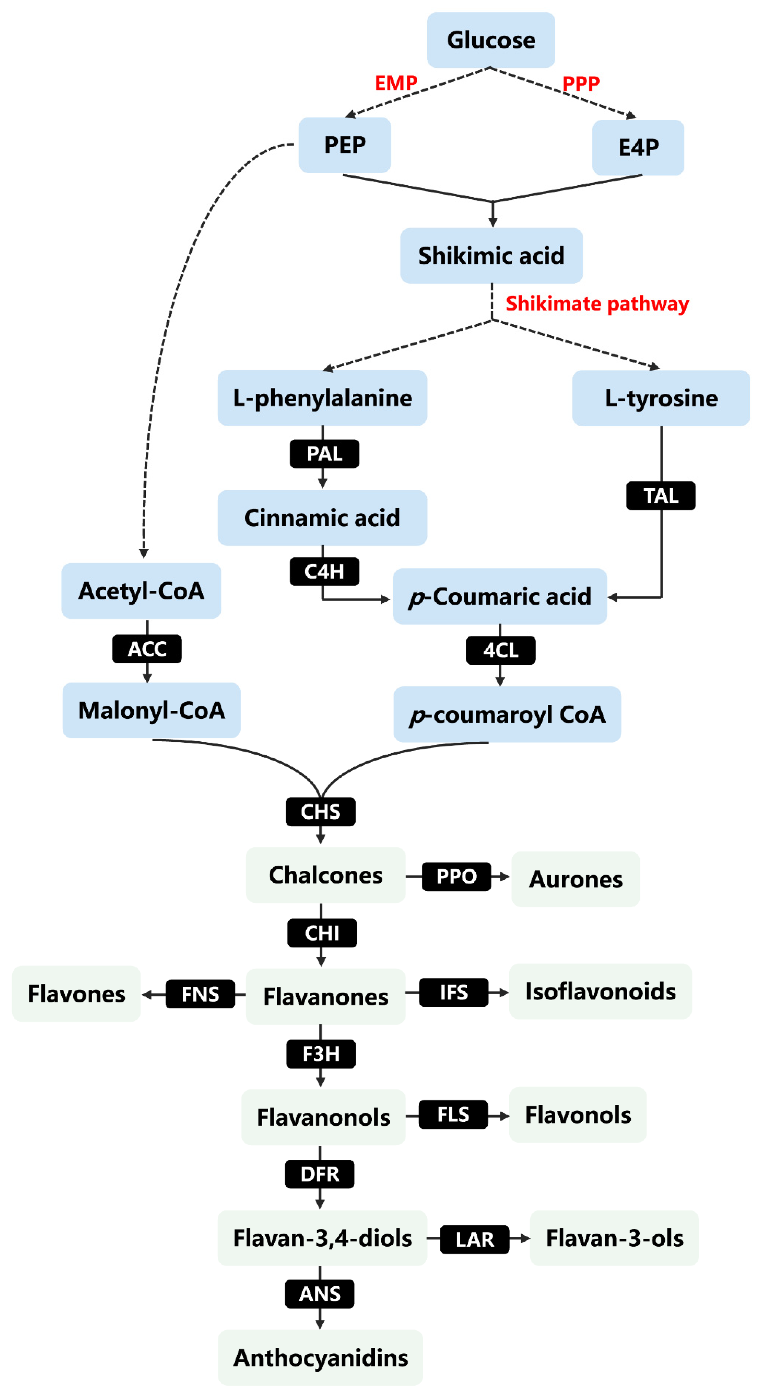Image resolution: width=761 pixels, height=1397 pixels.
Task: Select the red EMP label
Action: point(396,83)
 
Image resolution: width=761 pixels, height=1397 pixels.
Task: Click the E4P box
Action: point(638,147)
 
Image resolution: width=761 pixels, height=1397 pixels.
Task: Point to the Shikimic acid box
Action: point(491,256)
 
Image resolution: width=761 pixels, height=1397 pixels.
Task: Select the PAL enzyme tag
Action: point(324,453)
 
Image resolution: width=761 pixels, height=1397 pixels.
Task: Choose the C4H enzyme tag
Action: point(324,571)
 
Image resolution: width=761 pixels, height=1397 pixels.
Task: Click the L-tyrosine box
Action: point(660,398)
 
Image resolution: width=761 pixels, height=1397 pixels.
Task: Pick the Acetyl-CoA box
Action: point(141,590)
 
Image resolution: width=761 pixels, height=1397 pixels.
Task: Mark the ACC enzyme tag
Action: point(147,649)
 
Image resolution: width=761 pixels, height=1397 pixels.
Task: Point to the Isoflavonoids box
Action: point(600,991)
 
